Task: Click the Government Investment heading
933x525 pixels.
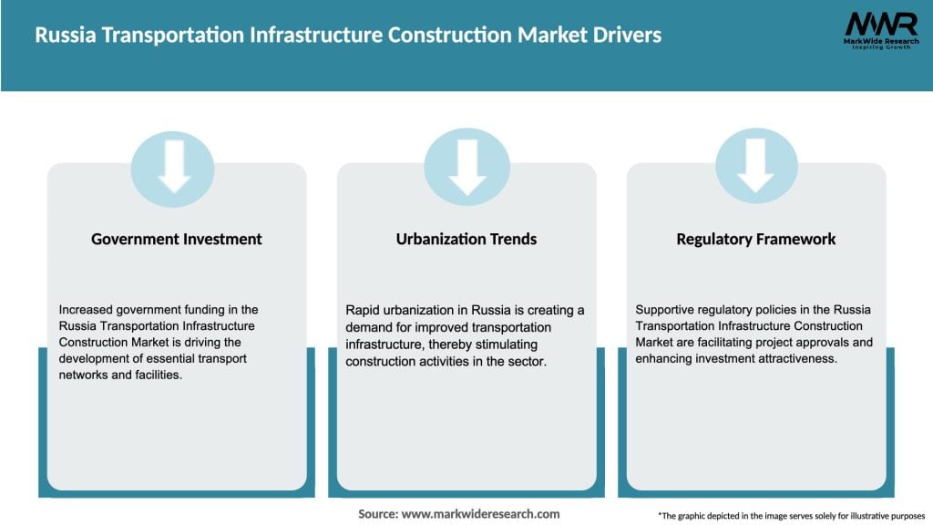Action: point(176,239)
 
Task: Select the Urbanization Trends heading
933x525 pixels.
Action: point(466,239)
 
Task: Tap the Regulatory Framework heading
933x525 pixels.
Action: point(756,239)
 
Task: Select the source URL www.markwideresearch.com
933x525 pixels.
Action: point(481,514)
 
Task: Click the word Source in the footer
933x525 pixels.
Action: point(377,514)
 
